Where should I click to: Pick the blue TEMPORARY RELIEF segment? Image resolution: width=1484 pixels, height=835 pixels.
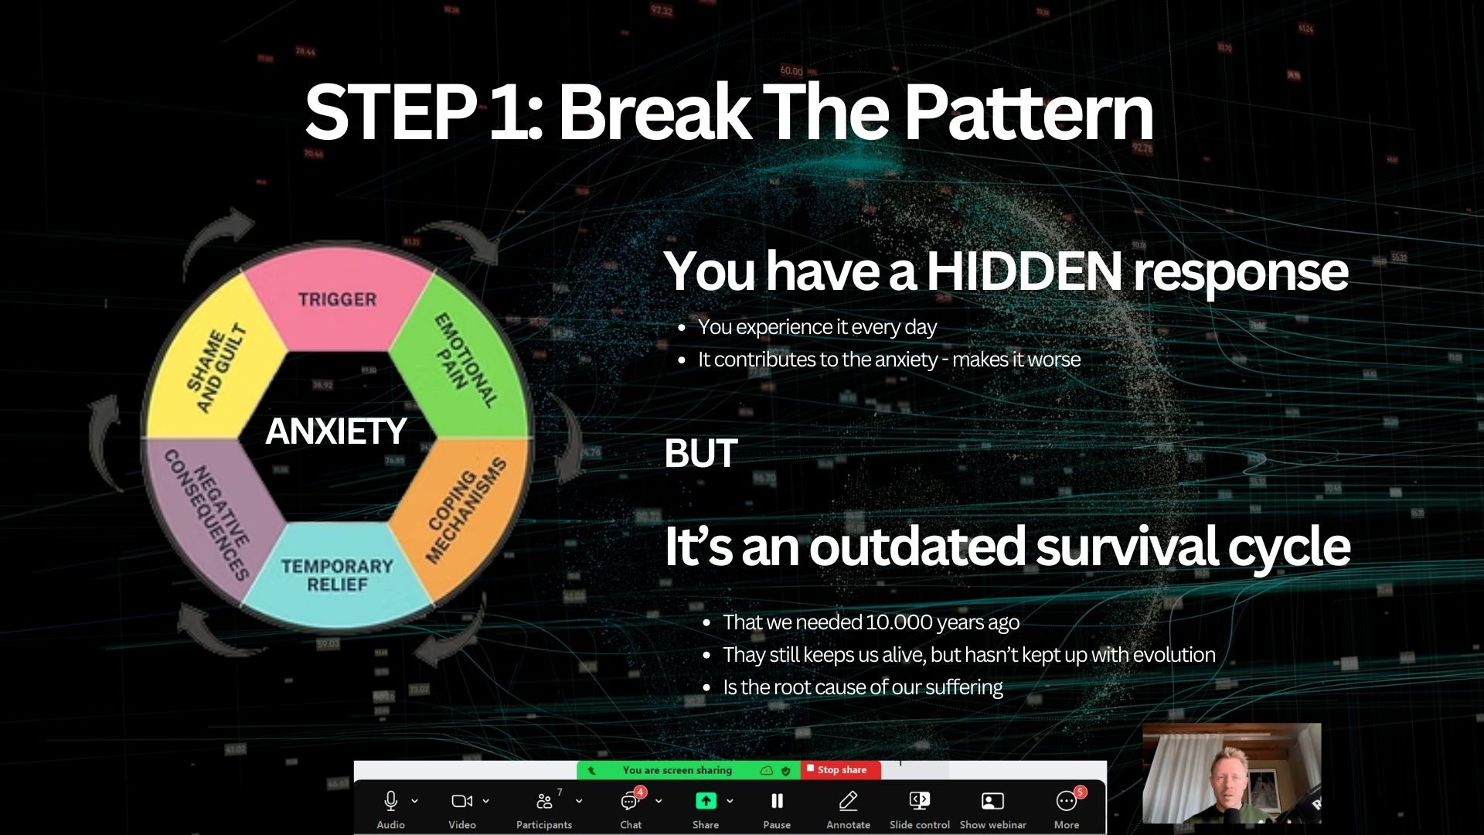point(337,575)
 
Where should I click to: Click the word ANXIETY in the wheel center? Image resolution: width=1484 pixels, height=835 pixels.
point(335,431)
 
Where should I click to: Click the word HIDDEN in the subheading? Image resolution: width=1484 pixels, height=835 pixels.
point(1023,272)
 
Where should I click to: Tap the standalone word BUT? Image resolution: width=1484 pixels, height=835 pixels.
point(700,454)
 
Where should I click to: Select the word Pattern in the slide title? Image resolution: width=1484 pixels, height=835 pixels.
point(1028,113)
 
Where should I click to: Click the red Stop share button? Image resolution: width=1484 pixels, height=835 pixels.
point(838,770)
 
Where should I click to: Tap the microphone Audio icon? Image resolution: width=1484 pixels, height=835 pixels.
point(390,802)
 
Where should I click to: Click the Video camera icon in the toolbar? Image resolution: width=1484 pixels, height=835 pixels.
point(461,802)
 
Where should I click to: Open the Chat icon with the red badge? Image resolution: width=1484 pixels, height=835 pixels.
point(630,802)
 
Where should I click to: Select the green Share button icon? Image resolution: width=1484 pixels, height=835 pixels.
point(706,802)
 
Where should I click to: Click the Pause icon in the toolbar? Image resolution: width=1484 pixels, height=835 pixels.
point(777,802)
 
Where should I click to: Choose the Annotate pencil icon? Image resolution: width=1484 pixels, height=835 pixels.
point(848,802)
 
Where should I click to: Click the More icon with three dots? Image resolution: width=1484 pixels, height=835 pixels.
point(1067,802)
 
